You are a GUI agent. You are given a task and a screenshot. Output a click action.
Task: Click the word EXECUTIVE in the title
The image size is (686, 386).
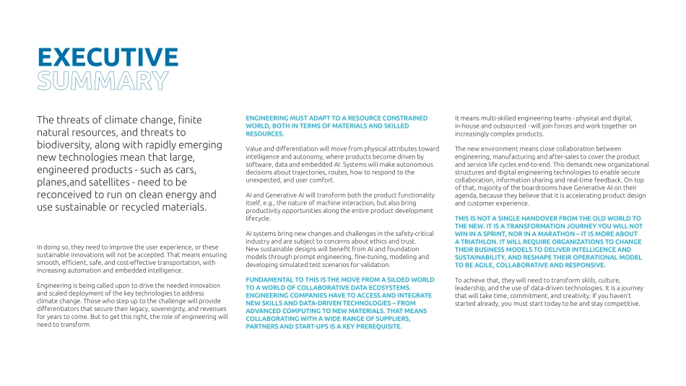pyautogui.click(x=108, y=58)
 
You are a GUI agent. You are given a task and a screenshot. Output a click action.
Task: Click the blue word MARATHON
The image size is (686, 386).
pyautogui.click(x=583, y=234)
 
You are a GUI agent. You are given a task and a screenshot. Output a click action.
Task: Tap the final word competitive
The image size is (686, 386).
pyautogui.click(x=617, y=303)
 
